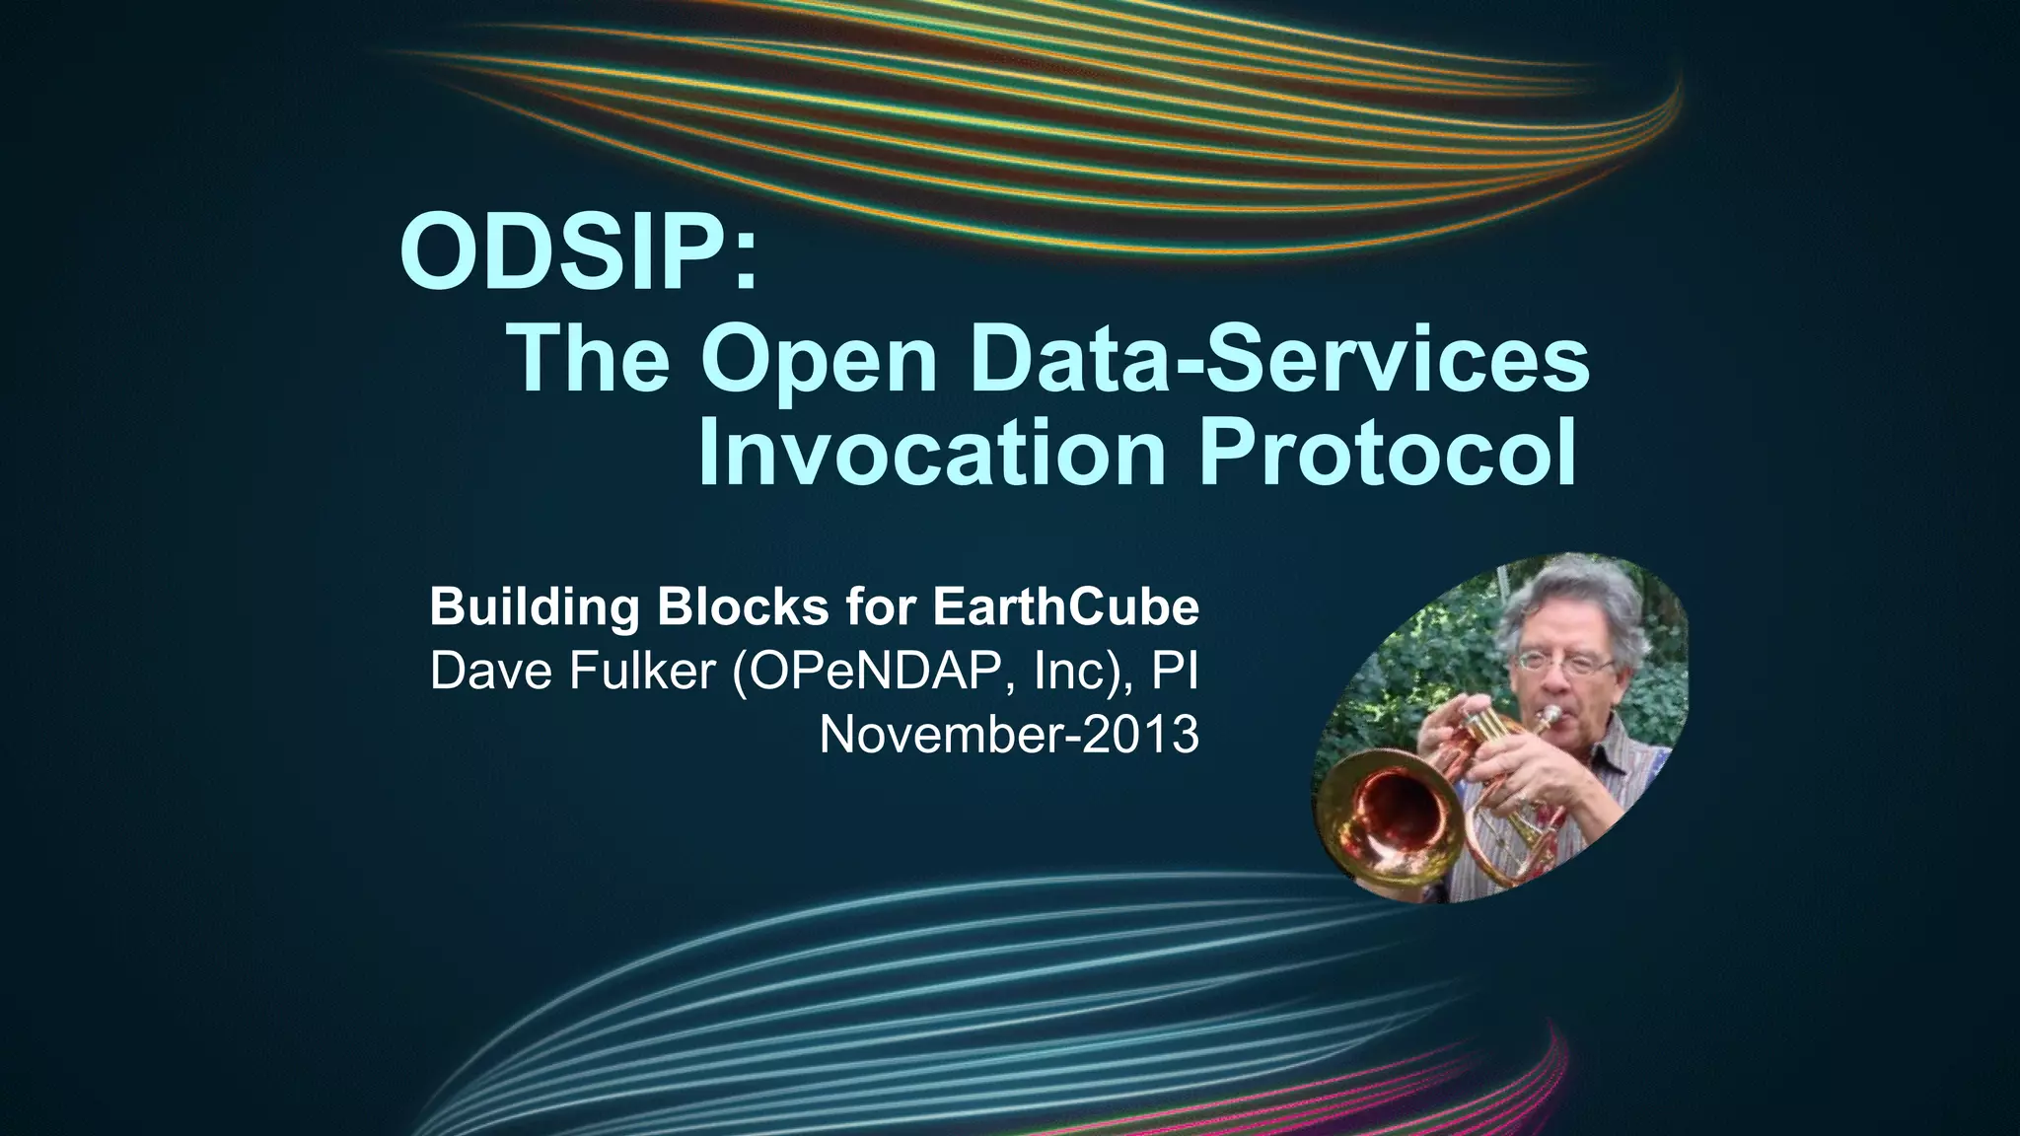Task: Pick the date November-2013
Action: pyautogui.click(x=1009, y=735)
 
